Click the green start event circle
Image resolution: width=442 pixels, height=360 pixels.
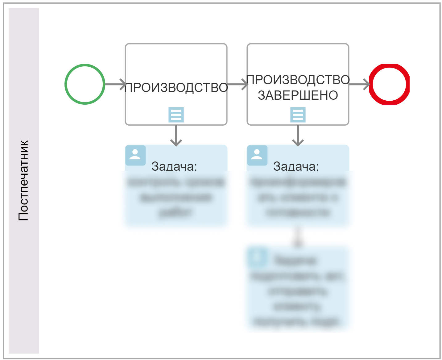point(85,84)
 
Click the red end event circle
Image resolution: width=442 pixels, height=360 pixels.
point(389,84)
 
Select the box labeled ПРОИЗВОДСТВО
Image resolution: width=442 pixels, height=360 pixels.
point(176,62)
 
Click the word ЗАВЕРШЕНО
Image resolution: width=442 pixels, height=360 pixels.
point(298,95)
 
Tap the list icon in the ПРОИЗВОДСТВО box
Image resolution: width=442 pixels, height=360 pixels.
point(176,115)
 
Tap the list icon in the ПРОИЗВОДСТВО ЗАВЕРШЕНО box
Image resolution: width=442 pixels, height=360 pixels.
point(298,115)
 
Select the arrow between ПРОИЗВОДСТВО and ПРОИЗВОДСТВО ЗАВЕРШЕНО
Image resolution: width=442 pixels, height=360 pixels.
point(237,84)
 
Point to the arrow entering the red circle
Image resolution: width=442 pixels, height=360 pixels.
point(359,84)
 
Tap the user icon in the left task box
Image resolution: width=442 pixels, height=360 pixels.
point(135,155)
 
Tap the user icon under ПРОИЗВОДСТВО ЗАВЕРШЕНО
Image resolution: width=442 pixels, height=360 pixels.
point(257,155)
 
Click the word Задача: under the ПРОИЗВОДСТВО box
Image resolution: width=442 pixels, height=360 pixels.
point(174,166)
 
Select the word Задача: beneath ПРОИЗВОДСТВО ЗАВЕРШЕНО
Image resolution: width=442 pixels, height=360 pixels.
point(296,166)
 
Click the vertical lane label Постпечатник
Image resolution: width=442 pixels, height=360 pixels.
point(23,181)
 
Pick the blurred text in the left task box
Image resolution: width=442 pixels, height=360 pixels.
point(176,197)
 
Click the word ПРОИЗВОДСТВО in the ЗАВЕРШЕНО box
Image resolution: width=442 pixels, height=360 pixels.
point(298,80)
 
